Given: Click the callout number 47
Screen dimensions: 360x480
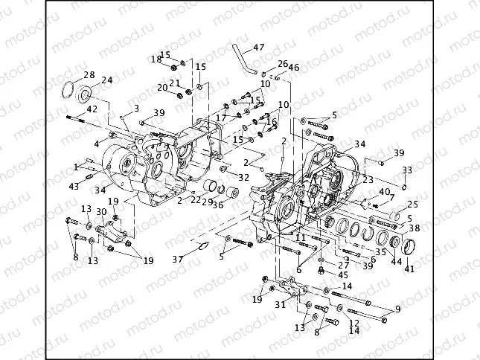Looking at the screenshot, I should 258,48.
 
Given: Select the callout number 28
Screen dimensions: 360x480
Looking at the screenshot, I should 89,74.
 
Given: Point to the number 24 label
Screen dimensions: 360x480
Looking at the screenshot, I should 106,80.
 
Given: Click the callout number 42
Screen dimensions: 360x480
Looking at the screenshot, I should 92,109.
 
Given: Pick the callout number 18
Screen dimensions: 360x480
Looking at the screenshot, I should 156,59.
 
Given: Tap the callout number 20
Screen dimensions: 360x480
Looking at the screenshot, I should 162,88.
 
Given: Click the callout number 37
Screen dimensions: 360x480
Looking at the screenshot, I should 176,259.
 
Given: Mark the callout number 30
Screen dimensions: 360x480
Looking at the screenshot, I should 101,212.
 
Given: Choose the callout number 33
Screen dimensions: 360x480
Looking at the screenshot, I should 406,170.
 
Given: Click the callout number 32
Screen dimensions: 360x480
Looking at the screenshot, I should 243,177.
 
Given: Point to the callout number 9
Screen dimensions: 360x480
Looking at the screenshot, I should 397,309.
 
